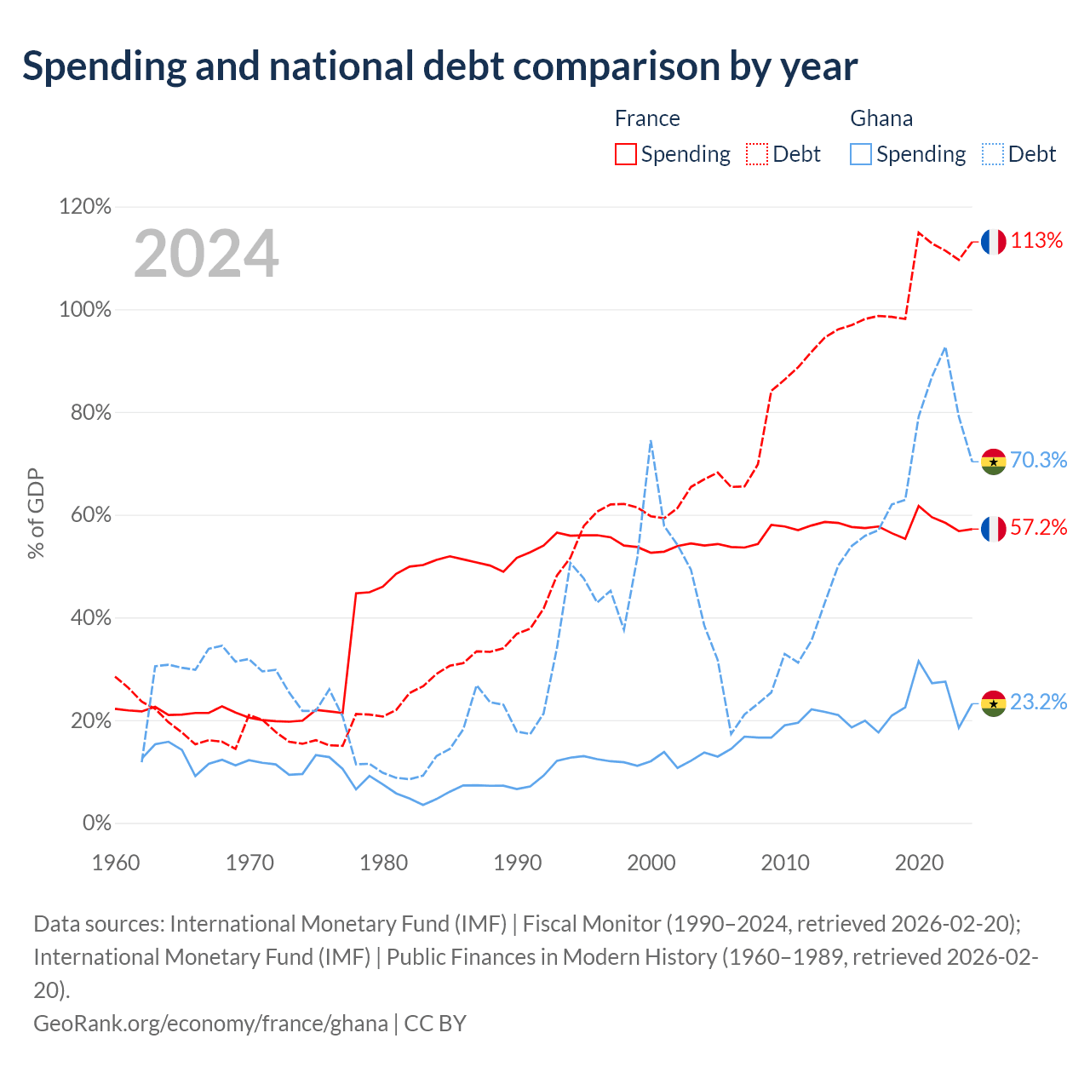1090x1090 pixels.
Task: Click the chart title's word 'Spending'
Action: click(x=105, y=66)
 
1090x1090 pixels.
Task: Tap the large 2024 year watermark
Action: click(x=206, y=253)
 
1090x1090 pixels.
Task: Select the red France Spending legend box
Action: click(x=626, y=154)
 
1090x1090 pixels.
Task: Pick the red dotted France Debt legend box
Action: click(x=757, y=154)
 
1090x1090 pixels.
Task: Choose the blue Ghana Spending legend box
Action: click(x=861, y=154)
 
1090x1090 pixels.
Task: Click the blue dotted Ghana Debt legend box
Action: click(x=993, y=154)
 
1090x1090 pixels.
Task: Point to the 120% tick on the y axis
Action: click(x=85, y=206)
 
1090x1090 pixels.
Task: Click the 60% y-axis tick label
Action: click(x=90, y=514)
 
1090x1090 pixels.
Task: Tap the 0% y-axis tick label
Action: click(x=97, y=823)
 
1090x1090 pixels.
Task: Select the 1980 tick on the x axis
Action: click(x=383, y=863)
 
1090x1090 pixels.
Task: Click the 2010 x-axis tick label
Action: click(x=785, y=863)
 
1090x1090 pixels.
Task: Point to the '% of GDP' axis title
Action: click(x=36, y=513)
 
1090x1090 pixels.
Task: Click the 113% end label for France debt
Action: click(x=1036, y=240)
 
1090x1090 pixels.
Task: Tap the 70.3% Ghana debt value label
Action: click(x=1039, y=460)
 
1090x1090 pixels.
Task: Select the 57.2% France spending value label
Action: click(x=1039, y=527)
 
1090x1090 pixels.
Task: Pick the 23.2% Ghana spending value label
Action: click(x=1039, y=702)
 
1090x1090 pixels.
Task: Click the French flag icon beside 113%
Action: click(x=993, y=242)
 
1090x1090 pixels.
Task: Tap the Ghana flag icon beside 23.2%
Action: click(x=993, y=703)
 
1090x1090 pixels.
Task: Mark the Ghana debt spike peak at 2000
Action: click(x=651, y=440)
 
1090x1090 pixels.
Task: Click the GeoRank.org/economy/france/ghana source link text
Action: click(x=210, y=1024)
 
